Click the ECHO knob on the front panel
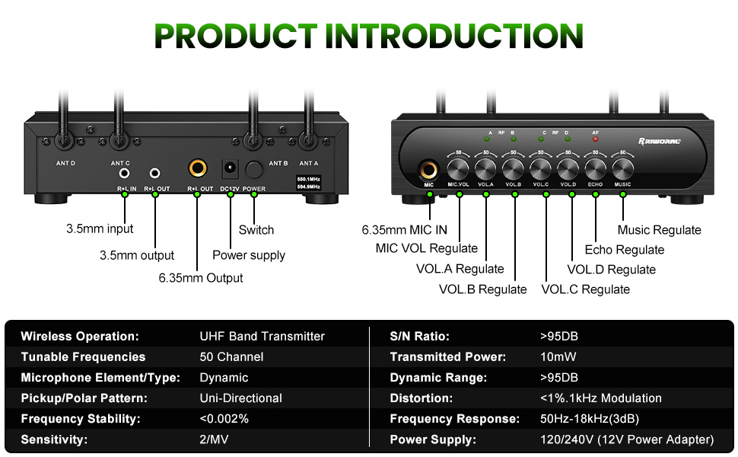596,168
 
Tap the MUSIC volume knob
622,168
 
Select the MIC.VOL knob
458,168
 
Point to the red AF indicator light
595,139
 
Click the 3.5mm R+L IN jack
125,174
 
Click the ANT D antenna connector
65,140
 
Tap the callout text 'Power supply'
249,255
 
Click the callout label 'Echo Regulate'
624,250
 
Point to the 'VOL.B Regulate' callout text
482,289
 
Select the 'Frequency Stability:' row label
81,419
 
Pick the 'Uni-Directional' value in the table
240,398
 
